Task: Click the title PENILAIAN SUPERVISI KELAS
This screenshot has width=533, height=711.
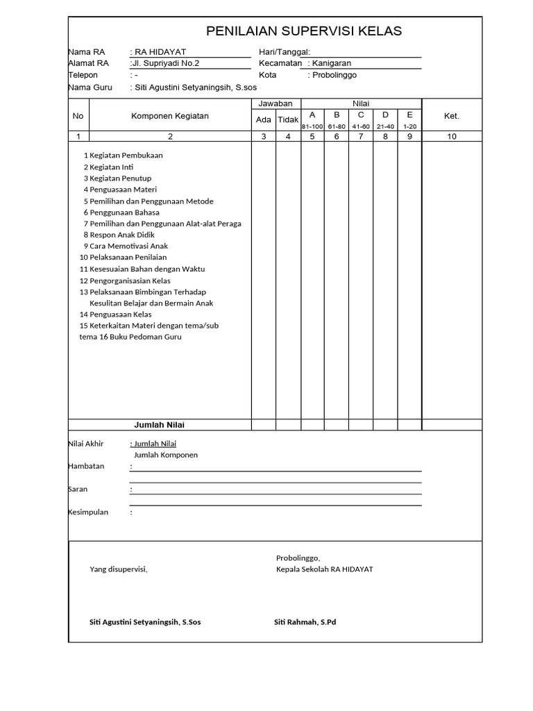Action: (304, 31)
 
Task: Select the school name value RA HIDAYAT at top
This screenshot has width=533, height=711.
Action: (160, 52)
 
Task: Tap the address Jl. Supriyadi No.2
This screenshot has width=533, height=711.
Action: (165, 63)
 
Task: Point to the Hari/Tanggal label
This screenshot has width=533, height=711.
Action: (284, 52)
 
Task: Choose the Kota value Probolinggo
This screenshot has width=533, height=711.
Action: (334, 75)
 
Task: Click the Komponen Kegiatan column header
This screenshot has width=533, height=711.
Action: (170, 116)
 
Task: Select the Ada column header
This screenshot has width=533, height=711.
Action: (264, 120)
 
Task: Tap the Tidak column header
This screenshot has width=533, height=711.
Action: (288, 120)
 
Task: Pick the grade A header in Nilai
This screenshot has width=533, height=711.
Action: (312, 115)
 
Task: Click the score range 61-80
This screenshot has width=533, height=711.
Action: (337, 126)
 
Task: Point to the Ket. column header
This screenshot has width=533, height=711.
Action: (452, 116)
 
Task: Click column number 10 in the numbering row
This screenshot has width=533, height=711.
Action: (452, 137)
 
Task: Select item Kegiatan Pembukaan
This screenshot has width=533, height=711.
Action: (126, 156)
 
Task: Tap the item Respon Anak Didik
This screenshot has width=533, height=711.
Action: (122, 235)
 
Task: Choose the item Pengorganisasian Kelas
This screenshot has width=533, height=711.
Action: (130, 281)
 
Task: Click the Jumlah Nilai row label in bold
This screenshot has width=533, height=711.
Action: (159, 425)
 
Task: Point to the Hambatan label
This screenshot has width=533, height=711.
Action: (86, 467)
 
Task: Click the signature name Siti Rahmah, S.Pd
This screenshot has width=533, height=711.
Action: (305, 622)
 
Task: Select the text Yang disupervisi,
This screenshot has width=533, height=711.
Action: (119, 569)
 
